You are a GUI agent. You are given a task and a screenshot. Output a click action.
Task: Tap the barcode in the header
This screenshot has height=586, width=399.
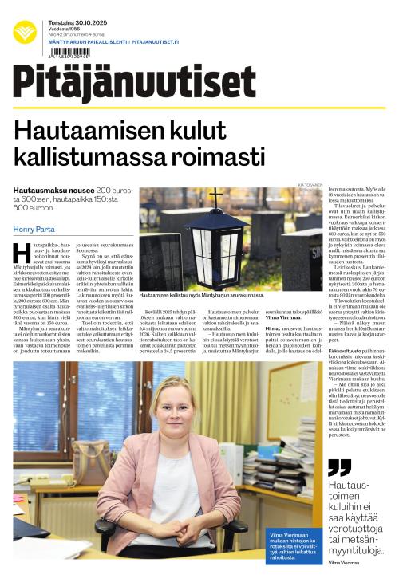tap(69, 53)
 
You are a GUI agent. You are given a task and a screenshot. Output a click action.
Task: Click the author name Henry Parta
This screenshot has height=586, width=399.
tap(35, 230)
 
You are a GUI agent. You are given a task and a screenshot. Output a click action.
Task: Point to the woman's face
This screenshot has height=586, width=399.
tap(171, 406)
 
